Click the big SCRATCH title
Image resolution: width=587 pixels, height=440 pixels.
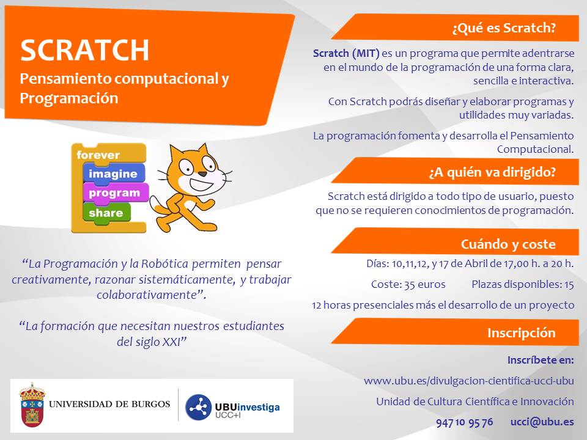click(84, 50)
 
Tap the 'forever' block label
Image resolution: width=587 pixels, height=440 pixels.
click(98, 155)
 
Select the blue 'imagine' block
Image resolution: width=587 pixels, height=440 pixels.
click(113, 174)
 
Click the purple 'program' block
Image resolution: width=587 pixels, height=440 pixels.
click(114, 193)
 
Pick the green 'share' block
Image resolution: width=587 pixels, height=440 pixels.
click(106, 213)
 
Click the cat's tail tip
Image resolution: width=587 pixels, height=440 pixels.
click(152, 200)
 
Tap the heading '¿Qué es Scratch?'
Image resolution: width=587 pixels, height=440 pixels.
click(504, 28)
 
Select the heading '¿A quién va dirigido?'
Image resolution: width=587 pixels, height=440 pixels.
click(492, 172)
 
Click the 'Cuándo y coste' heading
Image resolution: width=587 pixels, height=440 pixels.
click(508, 244)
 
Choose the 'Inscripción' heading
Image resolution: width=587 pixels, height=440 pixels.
click(521, 332)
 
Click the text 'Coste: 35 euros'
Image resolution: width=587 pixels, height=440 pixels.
click(408, 284)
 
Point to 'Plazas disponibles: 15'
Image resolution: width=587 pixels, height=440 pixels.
click(523, 284)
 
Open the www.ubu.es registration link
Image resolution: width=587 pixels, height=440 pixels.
click(469, 381)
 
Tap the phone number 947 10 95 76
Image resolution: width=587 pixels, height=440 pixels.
click(465, 422)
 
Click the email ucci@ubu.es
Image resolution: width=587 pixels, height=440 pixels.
click(542, 422)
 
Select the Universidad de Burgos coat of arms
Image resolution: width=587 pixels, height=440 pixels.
click(32, 405)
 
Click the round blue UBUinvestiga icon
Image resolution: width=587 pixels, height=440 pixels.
click(198, 407)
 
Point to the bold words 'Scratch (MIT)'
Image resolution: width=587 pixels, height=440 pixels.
click(346, 54)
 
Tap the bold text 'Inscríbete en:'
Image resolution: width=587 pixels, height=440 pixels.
click(541, 360)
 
